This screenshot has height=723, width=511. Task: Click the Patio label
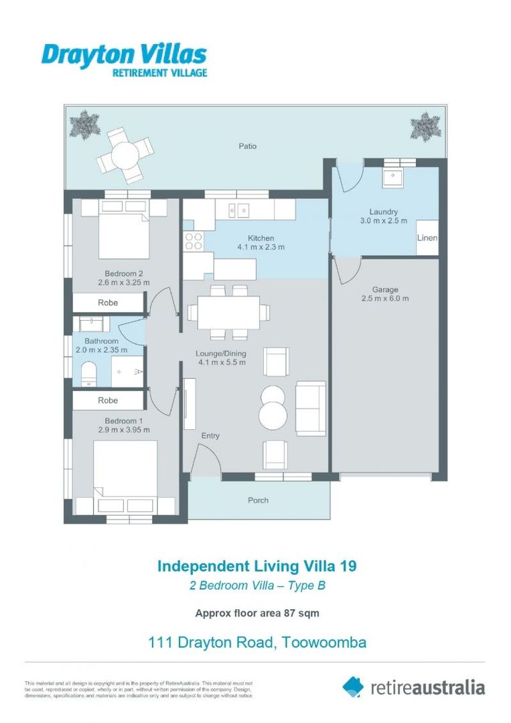(247, 146)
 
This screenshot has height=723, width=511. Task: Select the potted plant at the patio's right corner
(425, 126)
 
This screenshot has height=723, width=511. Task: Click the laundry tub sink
(390, 177)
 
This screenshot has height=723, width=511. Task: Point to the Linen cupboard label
(427, 238)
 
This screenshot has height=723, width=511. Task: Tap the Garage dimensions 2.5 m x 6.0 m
(385, 299)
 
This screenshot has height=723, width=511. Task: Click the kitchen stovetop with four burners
(194, 241)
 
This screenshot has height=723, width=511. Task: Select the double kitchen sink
(238, 210)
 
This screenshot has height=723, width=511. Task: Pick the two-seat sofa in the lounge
(311, 408)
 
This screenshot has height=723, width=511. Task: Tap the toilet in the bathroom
(89, 374)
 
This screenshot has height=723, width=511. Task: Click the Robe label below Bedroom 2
(108, 303)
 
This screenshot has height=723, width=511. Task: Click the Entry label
(210, 436)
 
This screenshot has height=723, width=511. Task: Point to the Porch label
(259, 500)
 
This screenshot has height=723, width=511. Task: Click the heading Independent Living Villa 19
(257, 566)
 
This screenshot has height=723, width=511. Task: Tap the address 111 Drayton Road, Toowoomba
(257, 643)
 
